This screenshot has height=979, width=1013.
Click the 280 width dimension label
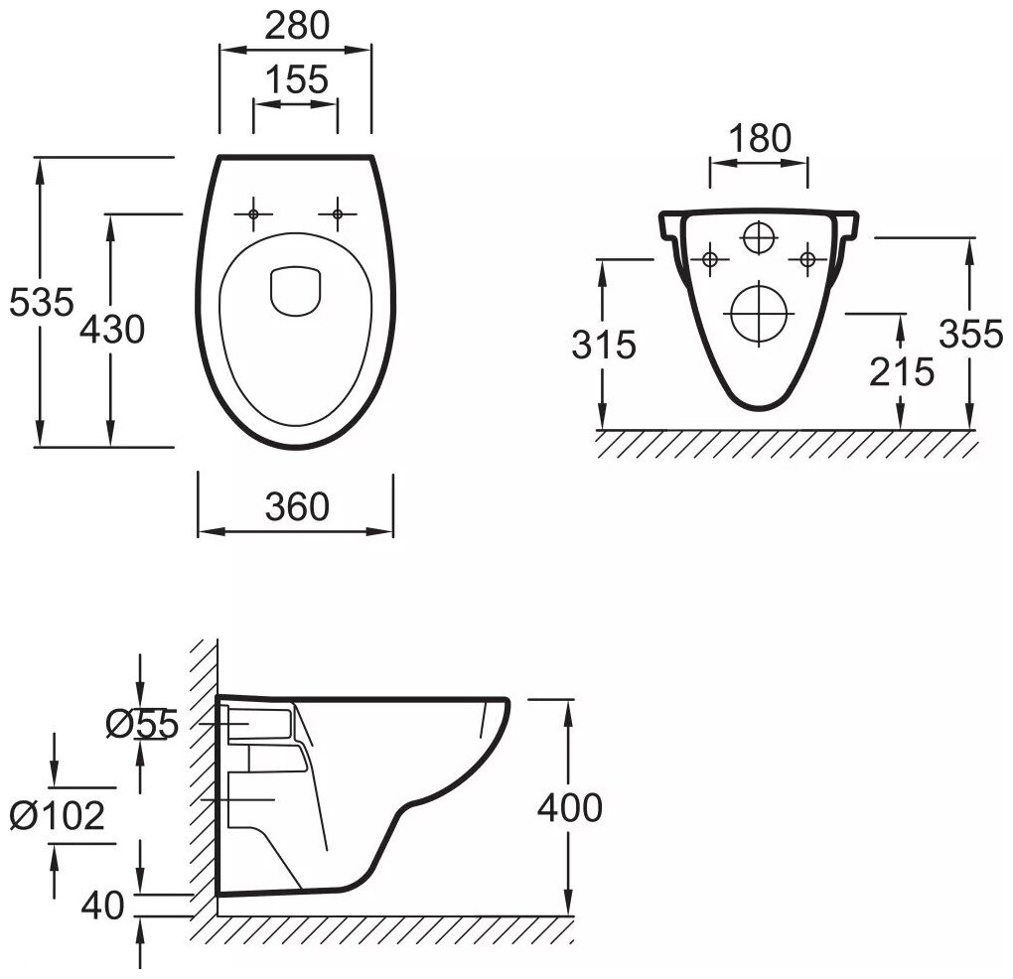[x=295, y=27]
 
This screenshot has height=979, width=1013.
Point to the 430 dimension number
[x=112, y=329]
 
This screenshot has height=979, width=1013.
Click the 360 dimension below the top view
[x=296, y=507]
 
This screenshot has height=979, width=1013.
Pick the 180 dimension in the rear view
[x=759, y=139]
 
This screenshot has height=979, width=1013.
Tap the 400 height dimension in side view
[x=569, y=807]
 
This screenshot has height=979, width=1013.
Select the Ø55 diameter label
[x=141, y=726]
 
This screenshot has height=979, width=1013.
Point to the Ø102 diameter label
[x=57, y=815]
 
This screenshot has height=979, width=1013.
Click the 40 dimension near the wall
[x=104, y=905]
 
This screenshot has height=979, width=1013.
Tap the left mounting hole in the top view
[x=253, y=212]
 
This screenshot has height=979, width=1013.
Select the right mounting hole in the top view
[x=338, y=212]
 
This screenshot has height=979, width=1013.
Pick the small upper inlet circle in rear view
[x=758, y=237]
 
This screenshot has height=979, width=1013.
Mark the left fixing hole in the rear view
[x=709, y=260]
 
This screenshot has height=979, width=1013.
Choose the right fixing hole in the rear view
[x=806, y=260]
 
